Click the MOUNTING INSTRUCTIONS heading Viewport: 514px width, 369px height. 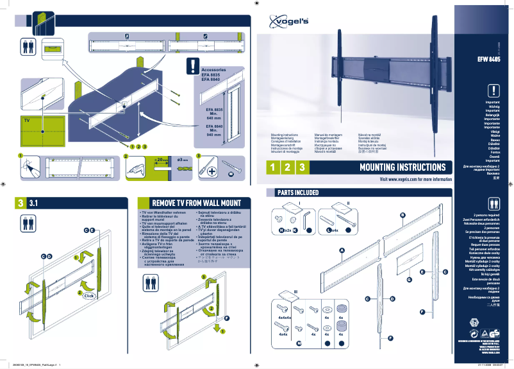402,167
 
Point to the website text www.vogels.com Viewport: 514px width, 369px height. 416,180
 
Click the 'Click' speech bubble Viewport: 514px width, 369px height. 89,296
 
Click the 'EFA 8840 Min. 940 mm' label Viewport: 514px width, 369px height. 214,130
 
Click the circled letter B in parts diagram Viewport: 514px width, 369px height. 402,214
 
